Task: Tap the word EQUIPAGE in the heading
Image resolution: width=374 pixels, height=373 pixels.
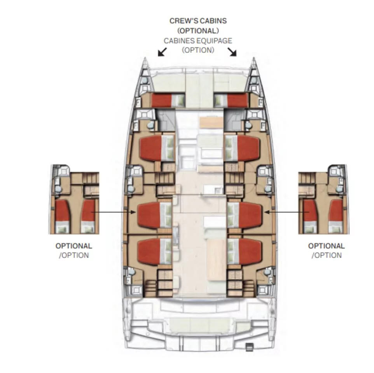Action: [215, 41]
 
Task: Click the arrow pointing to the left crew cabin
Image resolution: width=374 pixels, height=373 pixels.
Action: [162, 52]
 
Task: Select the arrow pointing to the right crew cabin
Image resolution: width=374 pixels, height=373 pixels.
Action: [232, 52]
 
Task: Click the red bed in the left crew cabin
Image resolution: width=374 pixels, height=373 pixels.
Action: [161, 100]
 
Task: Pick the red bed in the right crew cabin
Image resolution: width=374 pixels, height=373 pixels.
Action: [237, 100]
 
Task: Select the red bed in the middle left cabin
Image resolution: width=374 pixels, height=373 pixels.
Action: [149, 215]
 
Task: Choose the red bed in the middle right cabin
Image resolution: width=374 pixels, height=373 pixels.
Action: [250, 215]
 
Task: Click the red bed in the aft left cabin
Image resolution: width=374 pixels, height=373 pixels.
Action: [149, 252]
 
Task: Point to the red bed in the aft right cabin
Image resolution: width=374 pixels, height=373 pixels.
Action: [250, 252]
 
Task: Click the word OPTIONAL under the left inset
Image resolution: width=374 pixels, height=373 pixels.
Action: [74, 246]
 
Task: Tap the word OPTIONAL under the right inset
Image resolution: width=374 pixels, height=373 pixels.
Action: [326, 246]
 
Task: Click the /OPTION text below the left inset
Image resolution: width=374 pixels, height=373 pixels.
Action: [74, 255]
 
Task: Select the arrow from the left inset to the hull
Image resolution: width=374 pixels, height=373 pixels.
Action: [113, 212]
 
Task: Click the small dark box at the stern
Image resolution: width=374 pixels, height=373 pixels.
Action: [249, 347]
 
